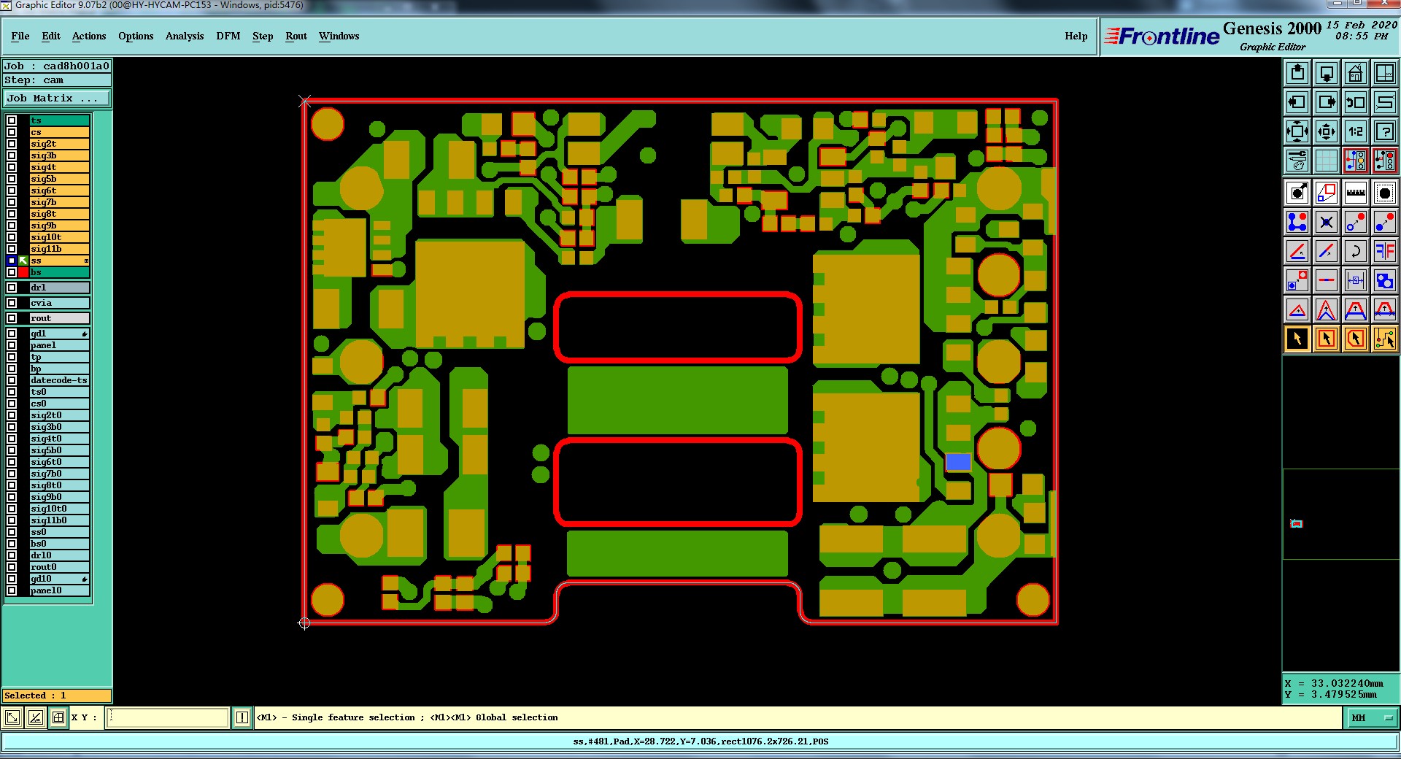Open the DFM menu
tap(228, 36)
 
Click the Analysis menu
tap(185, 36)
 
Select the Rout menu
tap(296, 36)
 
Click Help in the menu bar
tap(1076, 36)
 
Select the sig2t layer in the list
tap(59, 144)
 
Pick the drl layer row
tap(59, 288)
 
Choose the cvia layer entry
tap(59, 303)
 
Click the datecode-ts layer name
tap(59, 380)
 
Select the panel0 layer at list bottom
tap(59, 590)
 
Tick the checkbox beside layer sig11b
tap(12, 249)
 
